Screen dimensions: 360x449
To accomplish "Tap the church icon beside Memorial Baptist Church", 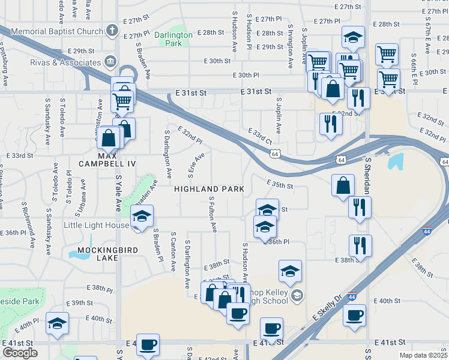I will point(111,30).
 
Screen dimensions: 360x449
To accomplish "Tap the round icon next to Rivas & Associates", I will point(110,61).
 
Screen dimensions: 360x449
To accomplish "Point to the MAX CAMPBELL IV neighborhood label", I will point(109,163).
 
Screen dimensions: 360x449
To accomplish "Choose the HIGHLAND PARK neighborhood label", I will point(209,189).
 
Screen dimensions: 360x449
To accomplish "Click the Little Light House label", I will point(96,225).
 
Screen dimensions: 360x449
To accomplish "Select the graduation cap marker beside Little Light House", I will point(142,217).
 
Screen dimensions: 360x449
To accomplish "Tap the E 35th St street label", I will point(280,186).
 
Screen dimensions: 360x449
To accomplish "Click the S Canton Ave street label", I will point(173,251).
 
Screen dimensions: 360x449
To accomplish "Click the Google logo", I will point(20,353).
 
